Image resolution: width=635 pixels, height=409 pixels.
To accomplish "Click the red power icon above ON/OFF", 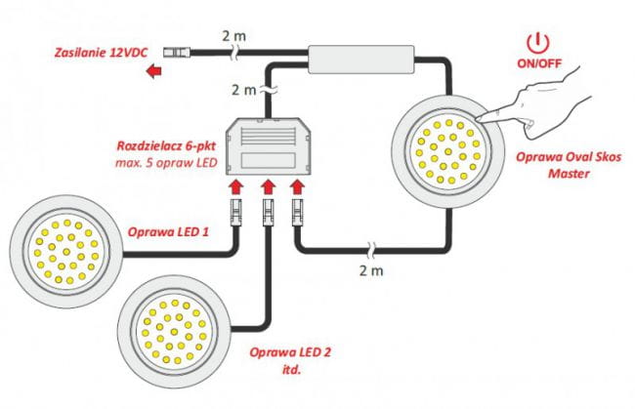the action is (538, 43).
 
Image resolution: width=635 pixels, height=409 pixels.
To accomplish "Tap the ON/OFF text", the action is (539, 63).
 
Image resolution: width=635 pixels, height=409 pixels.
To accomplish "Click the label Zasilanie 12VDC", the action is (102, 53).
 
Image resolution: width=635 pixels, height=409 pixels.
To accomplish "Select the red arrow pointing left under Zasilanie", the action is (154, 71).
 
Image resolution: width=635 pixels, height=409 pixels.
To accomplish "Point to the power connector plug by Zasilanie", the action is (177, 52).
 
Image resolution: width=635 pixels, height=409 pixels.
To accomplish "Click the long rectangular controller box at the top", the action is (361, 60).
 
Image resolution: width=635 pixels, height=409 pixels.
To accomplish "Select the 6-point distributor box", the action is (268, 146).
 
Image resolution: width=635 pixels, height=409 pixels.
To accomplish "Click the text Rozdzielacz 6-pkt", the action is (166, 145).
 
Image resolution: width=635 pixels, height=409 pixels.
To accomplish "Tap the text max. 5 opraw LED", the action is (166, 163).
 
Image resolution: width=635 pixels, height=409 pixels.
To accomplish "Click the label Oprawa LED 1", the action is (168, 231).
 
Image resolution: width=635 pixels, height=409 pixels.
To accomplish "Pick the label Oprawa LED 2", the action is (290, 352).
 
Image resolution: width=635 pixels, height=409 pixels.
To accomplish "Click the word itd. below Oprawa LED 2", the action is (291, 369).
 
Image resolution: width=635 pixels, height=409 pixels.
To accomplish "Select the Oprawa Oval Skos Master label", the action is (569, 165).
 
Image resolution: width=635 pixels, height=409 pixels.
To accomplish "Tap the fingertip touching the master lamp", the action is (479, 119).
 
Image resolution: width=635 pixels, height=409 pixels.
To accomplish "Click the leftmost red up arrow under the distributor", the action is (236, 187).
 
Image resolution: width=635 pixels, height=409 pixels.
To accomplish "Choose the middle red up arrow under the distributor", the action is (268, 187).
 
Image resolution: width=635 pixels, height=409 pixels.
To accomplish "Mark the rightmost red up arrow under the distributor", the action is (298, 187).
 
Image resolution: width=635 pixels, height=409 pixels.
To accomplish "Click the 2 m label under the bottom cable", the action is (371, 270).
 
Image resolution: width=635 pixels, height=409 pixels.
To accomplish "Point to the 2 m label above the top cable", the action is (233, 36).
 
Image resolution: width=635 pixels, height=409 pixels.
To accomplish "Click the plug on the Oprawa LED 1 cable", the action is (236, 212).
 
